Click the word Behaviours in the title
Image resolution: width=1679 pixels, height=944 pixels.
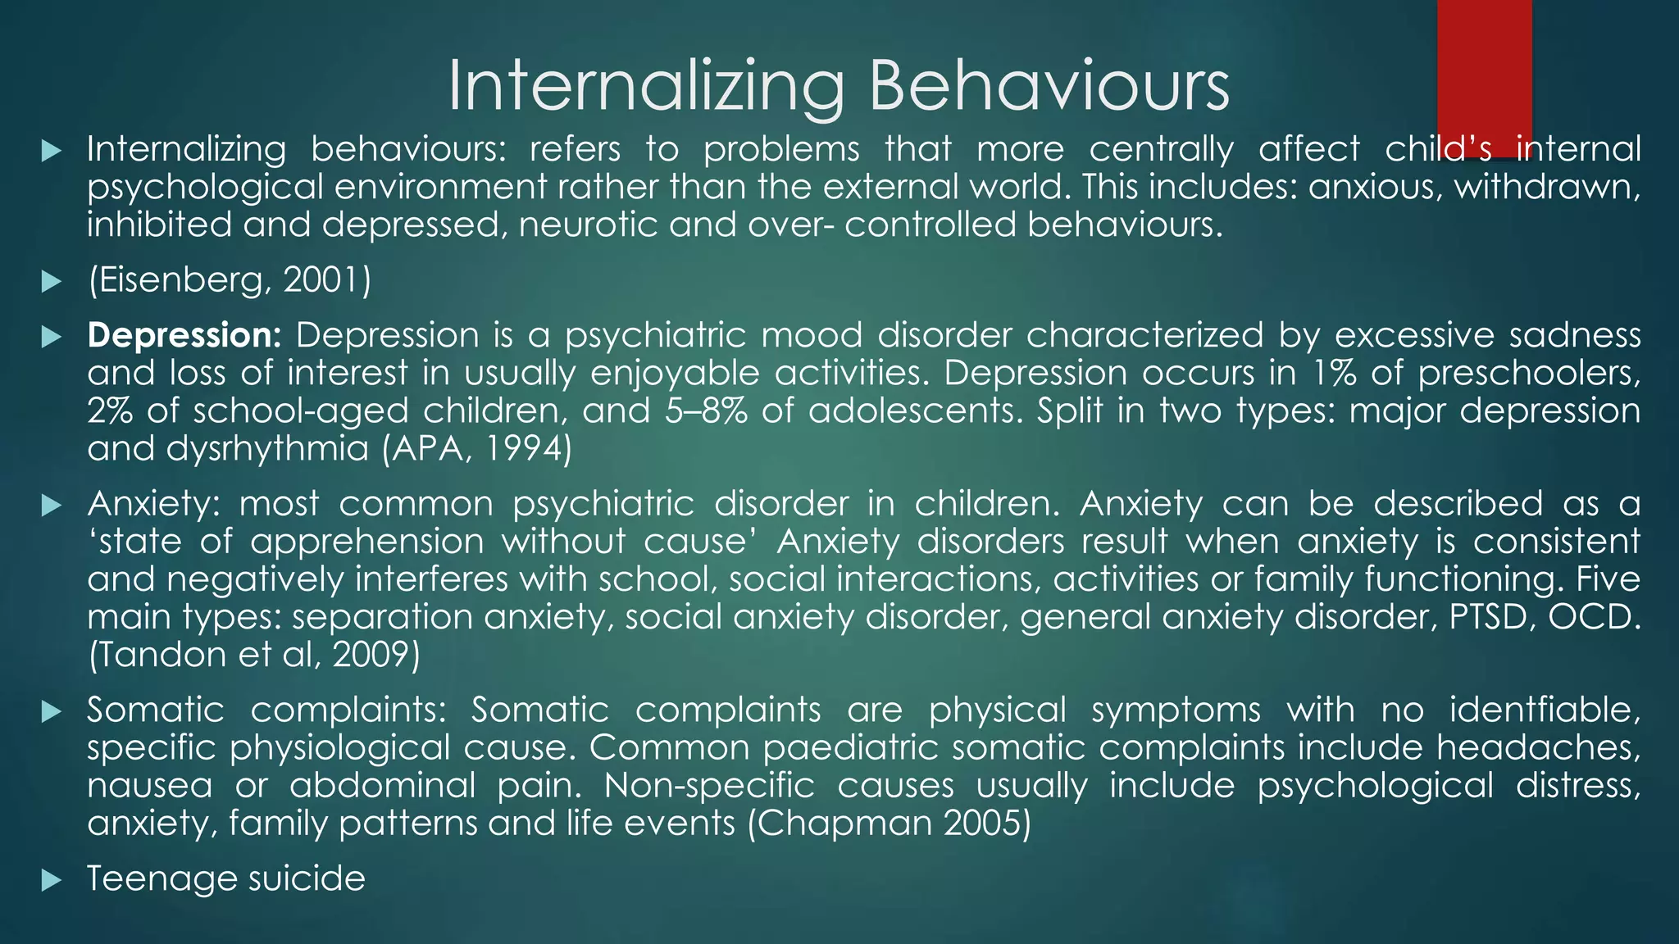[x=1049, y=87]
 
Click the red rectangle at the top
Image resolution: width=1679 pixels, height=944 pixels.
[x=1484, y=66]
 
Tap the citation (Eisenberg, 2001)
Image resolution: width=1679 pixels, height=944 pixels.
[x=230, y=281]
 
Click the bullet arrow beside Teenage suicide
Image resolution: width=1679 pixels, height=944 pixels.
[x=52, y=881]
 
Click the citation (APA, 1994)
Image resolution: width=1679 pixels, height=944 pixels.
[x=477, y=449]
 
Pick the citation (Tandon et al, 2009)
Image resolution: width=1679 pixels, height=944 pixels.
[x=254, y=655]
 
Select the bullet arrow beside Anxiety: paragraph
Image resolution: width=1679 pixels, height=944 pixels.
[x=52, y=505]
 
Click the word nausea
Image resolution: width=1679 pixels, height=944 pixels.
[x=149, y=786]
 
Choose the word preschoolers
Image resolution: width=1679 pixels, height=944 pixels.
[x=1529, y=374]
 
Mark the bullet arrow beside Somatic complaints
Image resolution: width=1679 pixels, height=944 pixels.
[x=52, y=711]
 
